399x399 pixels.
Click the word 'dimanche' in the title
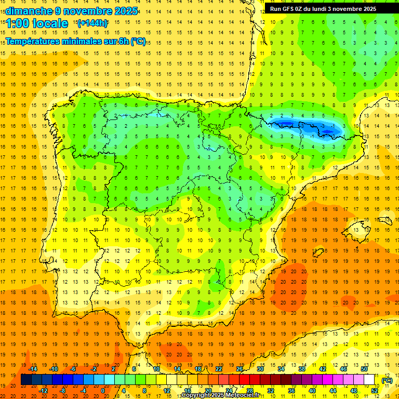(x=25, y=11)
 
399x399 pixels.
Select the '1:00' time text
(x=16, y=23)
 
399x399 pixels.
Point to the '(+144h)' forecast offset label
(x=92, y=23)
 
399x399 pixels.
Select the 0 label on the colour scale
(x=103, y=391)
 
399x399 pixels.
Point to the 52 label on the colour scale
(x=375, y=391)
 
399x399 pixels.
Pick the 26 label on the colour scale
(x=240, y=369)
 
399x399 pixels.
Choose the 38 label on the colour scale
(x=302, y=369)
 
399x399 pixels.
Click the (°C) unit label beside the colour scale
(x=387, y=380)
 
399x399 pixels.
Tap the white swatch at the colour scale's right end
(x=369, y=380)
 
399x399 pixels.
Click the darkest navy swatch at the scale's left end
(x=26, y=380)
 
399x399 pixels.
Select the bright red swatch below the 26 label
(x=244, y=380)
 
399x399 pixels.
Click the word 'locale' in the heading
(x=50, y=23)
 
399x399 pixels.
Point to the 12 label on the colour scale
(x=167, y=391)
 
